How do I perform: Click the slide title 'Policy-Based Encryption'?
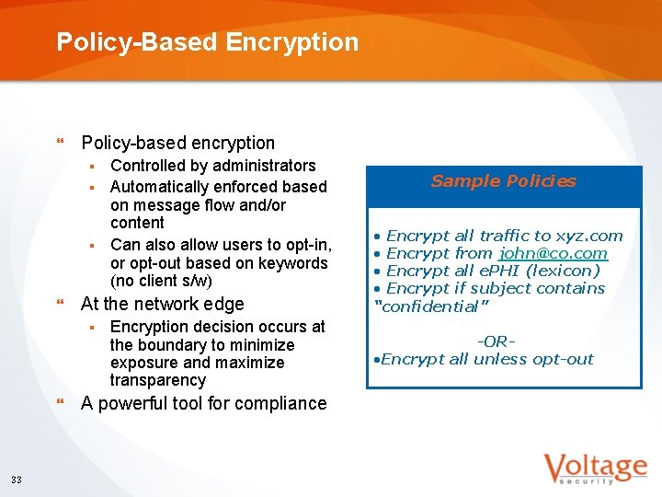click(207, 42)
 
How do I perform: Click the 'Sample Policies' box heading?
click(503, 181)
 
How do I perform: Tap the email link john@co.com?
click(553, 253)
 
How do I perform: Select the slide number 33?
click(17, 479)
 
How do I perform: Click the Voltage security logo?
click(594, 468)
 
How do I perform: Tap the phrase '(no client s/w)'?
click(161, 281)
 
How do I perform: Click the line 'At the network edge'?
click(163, 304)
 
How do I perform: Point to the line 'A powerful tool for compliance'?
click(204, 403)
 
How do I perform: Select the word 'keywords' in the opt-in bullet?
click(296, 263)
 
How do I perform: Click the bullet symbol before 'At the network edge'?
click(61, 304)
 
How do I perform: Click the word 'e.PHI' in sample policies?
click(500, 271)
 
